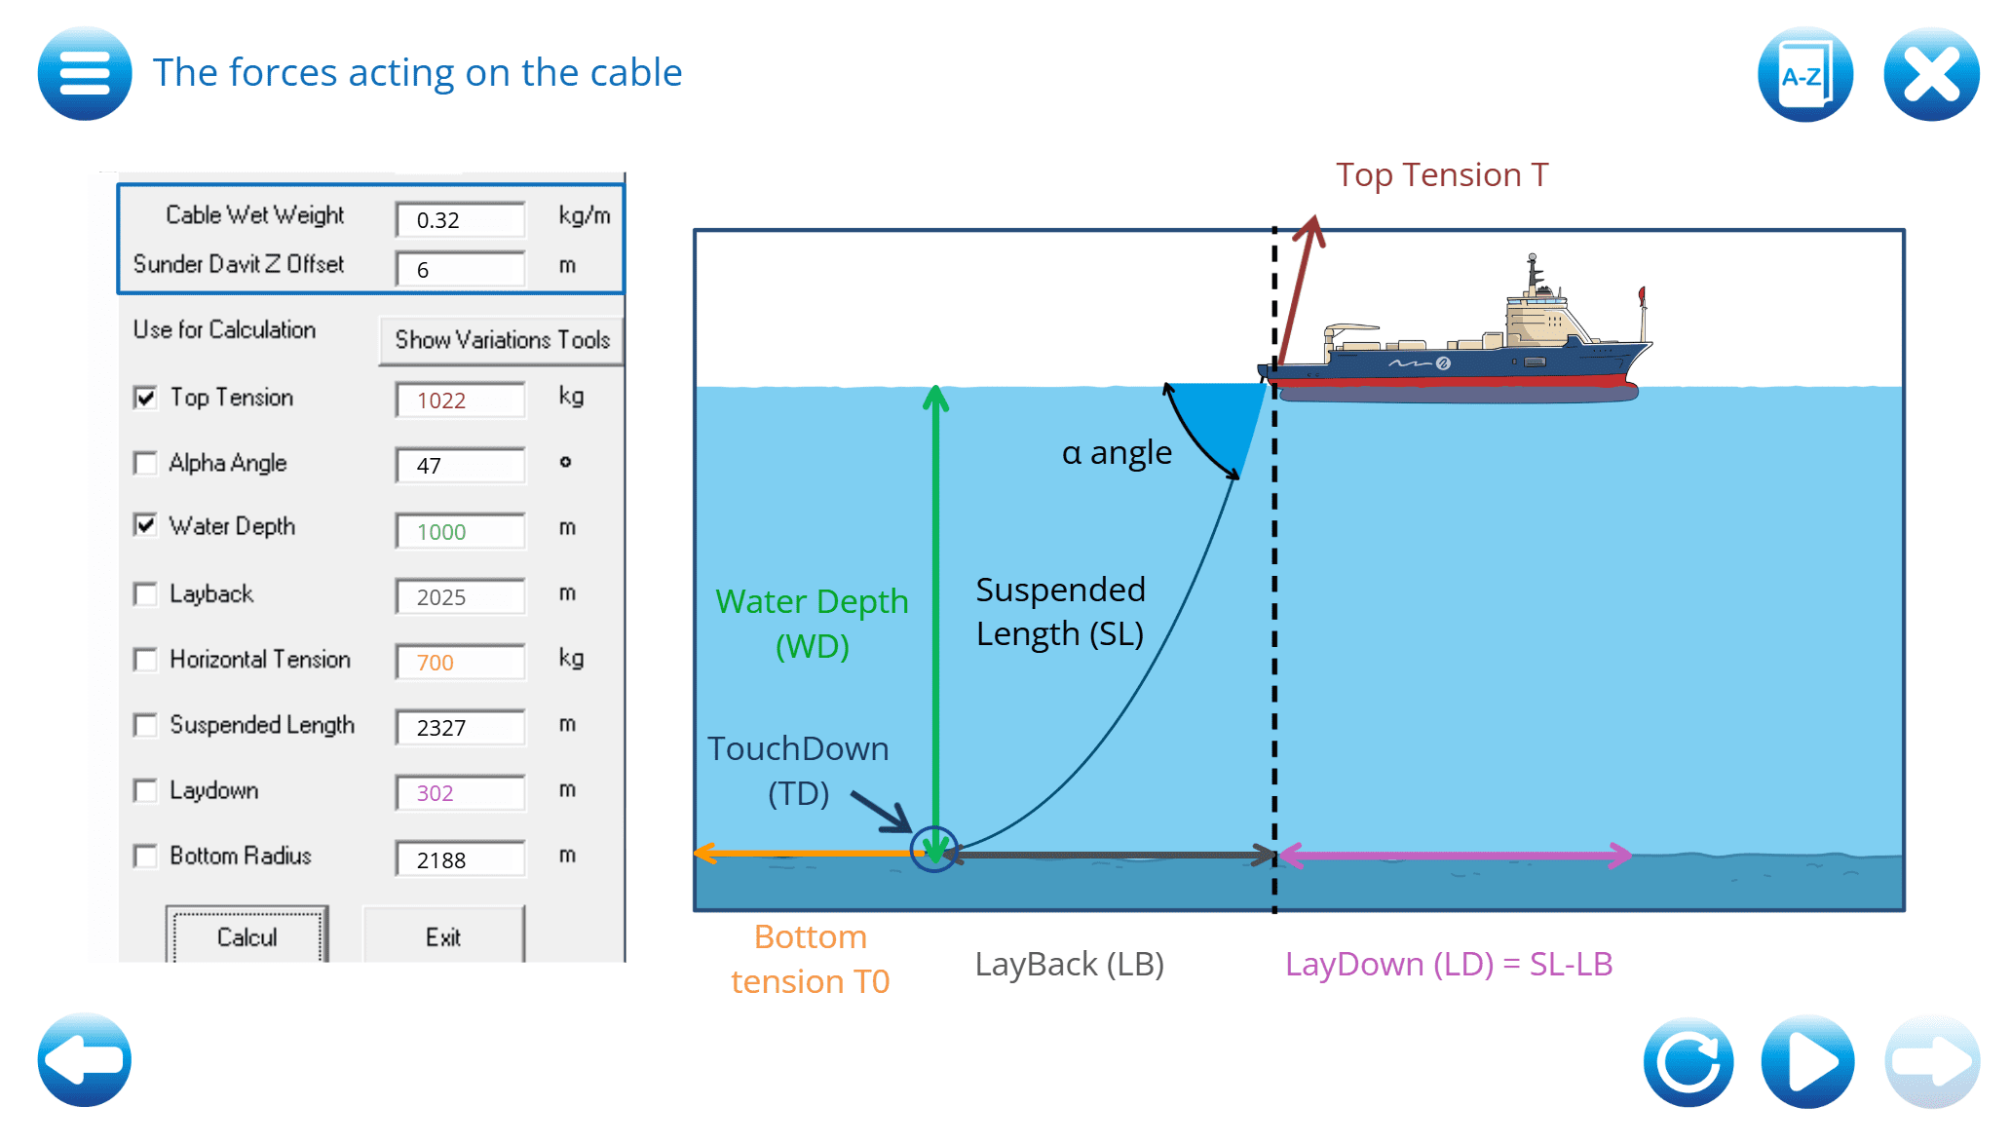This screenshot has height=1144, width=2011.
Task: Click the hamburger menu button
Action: pos(85,73)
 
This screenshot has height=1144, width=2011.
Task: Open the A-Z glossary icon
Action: pos(1804,75)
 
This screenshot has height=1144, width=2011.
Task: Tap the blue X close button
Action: pos(1930,75)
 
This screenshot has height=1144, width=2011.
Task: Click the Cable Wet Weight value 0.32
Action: pos(460,220)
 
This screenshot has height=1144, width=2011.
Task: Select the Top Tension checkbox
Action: pos(146,398)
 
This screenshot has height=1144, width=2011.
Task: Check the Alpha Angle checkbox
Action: pos(146,463)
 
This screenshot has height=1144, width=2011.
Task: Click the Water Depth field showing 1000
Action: pos(460,532)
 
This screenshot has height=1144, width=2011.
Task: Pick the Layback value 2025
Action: pos(460,597)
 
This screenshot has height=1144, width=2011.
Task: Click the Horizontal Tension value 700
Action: pos(460,663)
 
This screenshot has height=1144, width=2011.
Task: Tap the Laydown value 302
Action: pos(460,793)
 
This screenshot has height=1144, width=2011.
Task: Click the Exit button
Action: pos(443,936)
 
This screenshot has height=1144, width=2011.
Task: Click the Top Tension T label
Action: pos(1441,175)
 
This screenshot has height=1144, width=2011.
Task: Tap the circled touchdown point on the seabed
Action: pos(934,850)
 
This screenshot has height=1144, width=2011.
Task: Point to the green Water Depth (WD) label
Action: pos(812,624)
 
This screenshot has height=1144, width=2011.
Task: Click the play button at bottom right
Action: pos(1807,1061)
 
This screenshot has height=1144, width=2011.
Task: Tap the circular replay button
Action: pos(1688,1061)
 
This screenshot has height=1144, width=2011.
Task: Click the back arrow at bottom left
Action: pos(85,1060)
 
